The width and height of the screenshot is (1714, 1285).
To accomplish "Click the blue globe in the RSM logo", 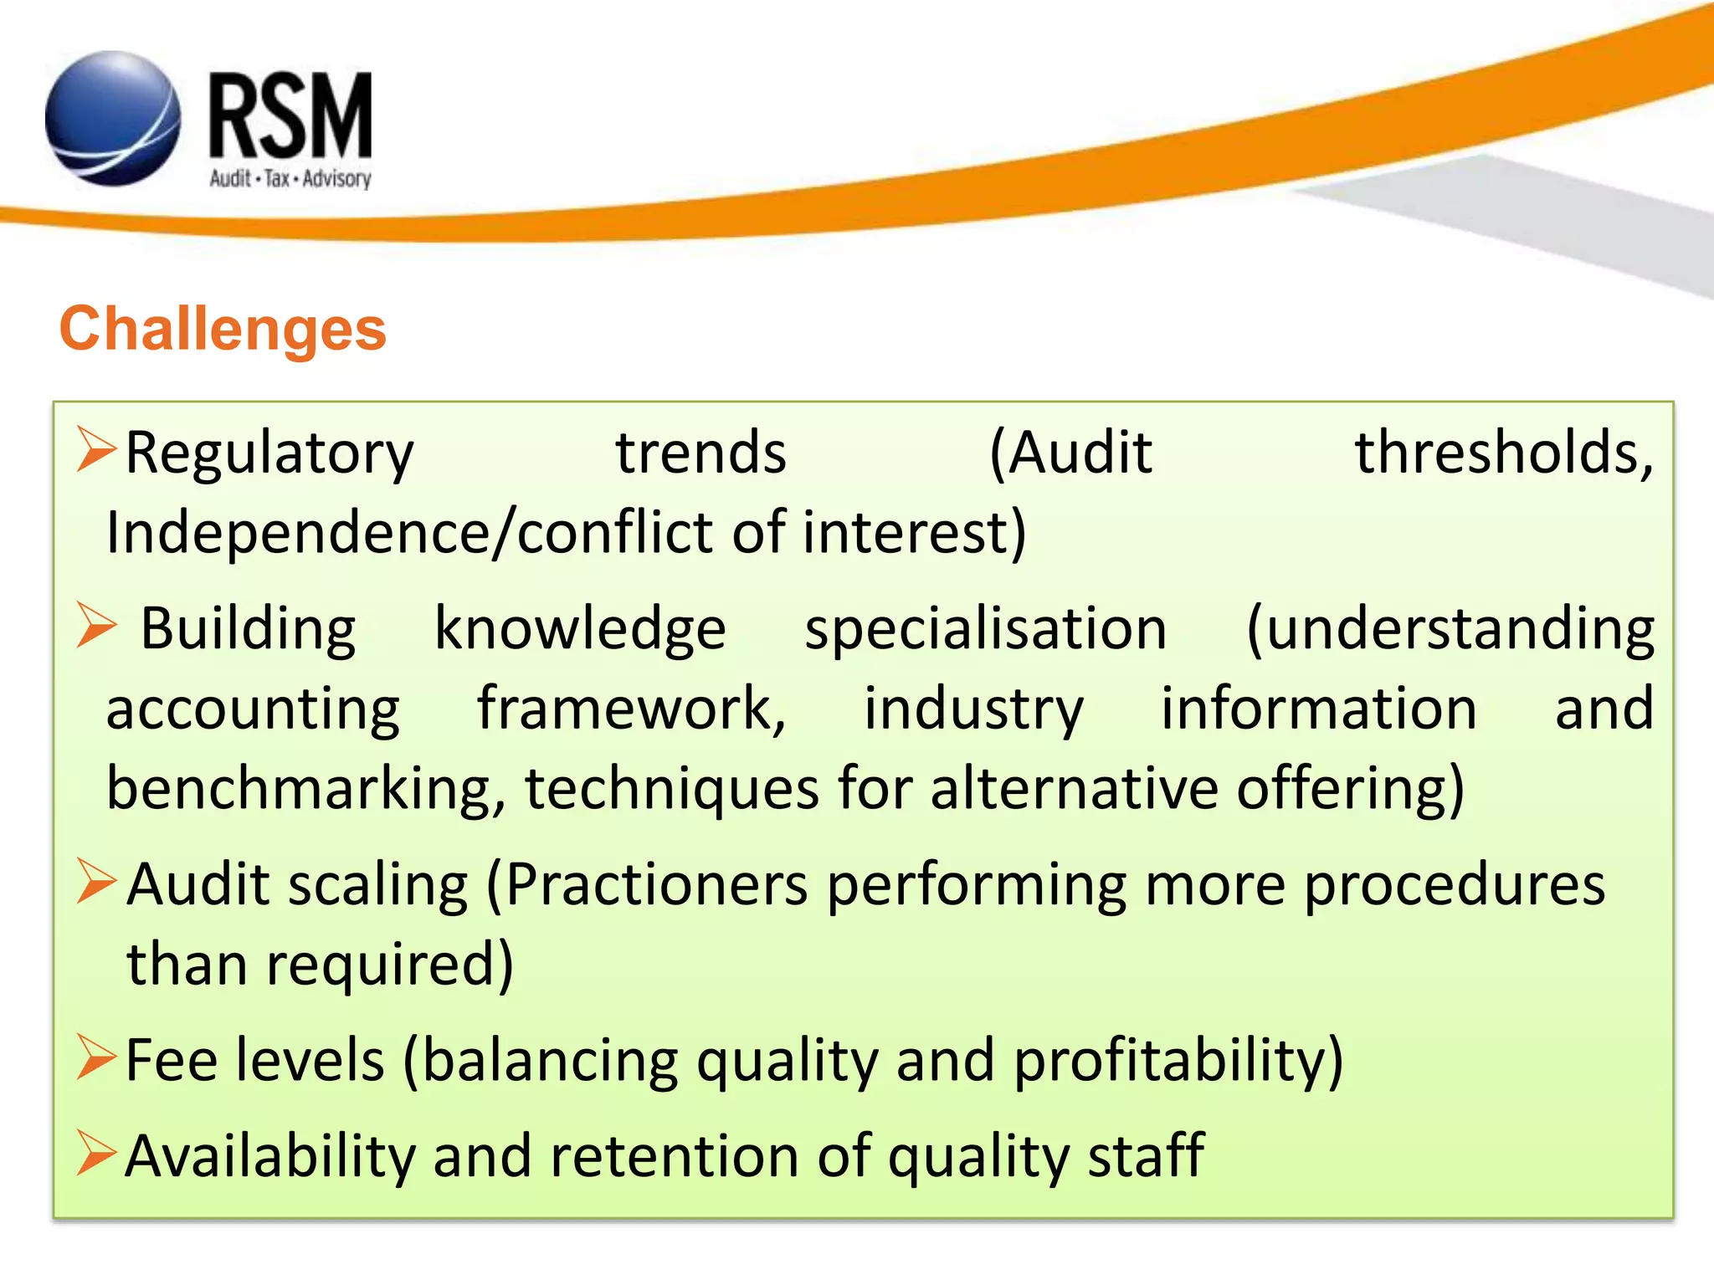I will [x=112, y=119].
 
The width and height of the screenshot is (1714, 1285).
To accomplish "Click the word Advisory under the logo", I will [x=336, y=179].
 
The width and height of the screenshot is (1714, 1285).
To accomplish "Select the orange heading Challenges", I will [x=223, y=329].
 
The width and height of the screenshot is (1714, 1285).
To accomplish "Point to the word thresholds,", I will [x=1504, y=453].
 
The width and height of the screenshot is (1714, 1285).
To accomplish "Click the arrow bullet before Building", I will [x=95, y=626].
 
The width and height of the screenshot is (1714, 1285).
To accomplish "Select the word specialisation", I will [x=985, y=629].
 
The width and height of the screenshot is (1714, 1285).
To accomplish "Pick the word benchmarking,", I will [x=306, y=790].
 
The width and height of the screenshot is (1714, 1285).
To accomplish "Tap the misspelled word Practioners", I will [x=657, y=885].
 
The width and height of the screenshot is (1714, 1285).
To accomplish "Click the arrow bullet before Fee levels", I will [x=95, y=1058].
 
